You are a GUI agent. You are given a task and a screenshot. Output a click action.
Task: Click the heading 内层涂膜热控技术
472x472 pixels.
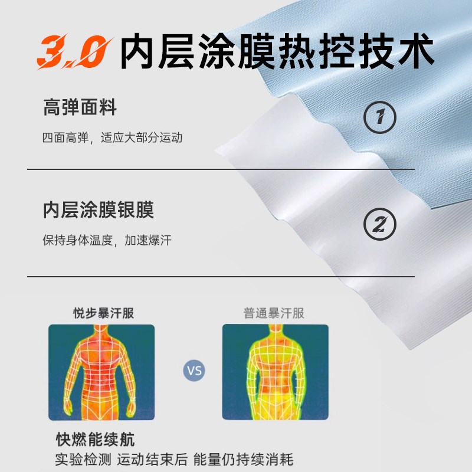tap(277, 52)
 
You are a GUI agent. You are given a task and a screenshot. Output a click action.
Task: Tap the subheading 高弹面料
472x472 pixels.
tap(80, 108)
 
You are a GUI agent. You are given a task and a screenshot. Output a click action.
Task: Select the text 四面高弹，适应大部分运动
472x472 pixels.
tap(112, 138)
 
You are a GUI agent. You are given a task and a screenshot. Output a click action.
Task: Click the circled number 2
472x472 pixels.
tap(380, 225)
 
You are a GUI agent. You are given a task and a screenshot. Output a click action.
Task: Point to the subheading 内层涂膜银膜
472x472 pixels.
tap(99, 211)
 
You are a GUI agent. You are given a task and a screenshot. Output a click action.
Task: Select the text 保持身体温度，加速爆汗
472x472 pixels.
tap(107, 241)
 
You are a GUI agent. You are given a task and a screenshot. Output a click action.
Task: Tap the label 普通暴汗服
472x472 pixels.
tap(274, 313)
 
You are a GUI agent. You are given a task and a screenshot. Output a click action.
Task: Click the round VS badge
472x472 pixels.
tap(194, 371)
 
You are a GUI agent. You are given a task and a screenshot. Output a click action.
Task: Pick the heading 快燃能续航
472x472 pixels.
tap(95, 440)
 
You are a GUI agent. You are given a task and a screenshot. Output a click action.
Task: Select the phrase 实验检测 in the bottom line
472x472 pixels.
tap(81, 459)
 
